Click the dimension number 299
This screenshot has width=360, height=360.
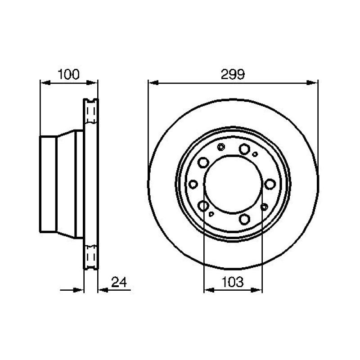(x=233, y=74)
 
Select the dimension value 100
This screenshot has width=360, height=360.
(x=68, y=74)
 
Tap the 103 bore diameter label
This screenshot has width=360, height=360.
(x=232, y=282)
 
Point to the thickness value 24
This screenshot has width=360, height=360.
(x=119, y=282)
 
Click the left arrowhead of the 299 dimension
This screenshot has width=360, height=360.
(x=153, y=83)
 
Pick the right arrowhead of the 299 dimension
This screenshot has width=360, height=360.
(x=312, y=83)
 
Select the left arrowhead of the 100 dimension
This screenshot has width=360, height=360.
(x=45, y=83)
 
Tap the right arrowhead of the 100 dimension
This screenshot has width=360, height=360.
(x=92, y=83)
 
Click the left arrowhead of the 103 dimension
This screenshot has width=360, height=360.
(x=209, y=290)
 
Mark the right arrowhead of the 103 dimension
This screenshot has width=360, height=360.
(x=256, y=290)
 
